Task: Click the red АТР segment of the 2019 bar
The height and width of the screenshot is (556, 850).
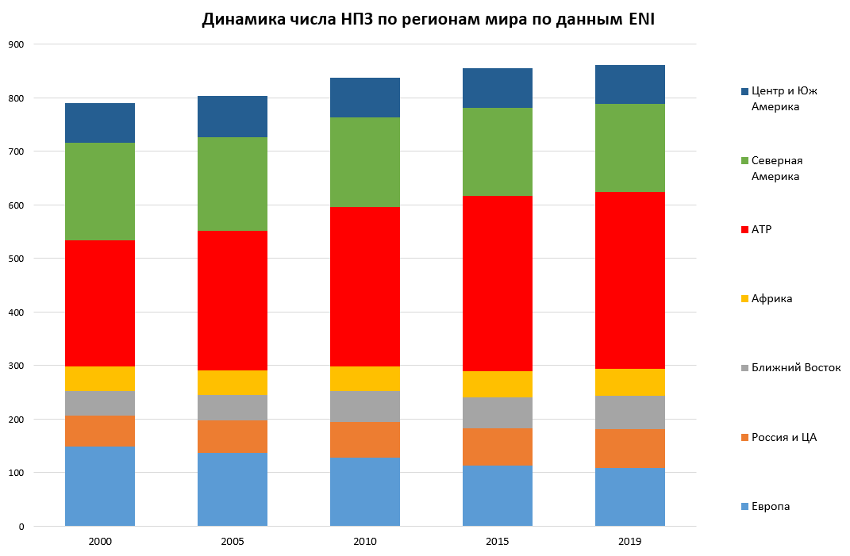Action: [x=629, y=280]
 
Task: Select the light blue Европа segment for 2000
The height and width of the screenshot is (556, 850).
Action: [x=100, y=486]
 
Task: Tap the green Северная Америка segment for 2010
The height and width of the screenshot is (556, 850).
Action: [x=365, y=162]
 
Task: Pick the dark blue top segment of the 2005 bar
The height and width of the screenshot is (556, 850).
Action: [x=233, y=117]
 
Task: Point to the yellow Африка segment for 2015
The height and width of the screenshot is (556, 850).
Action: [x=498, y=384]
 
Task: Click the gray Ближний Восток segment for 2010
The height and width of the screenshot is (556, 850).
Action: [x=365, y=406]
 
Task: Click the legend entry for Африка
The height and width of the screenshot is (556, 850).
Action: [x=771, y=298]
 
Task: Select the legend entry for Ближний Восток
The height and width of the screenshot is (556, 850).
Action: [x=795, y=367]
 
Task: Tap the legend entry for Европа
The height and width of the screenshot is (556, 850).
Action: [x=770, y=506]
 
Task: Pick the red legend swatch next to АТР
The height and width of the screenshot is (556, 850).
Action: [x=744, y=229]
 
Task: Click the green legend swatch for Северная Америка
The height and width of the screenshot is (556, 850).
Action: [x=744, y=160]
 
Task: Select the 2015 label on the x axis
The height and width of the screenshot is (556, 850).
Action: [x=498, y=542]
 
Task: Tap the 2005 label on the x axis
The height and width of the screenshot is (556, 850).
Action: [x=233, y=542]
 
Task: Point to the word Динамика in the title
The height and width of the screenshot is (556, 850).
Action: [x=239, y=19]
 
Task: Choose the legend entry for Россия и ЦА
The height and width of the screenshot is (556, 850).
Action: [x=783, y=437]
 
